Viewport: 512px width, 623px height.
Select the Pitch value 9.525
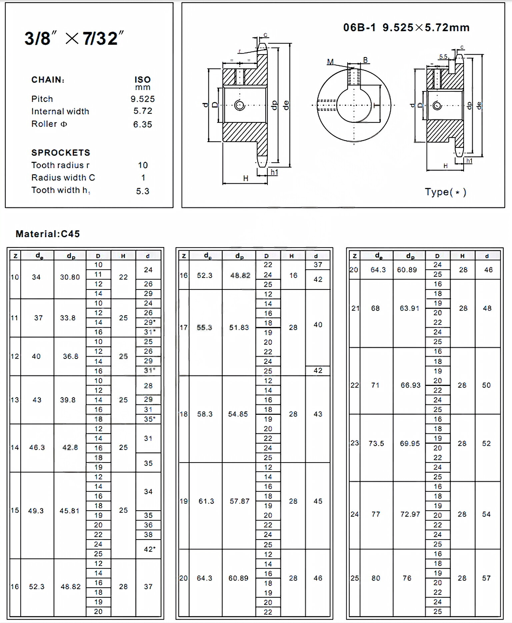click(x=143, y=99)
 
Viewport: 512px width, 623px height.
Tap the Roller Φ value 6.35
click(x=143, y=124)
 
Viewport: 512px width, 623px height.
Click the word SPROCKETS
click(x=61, y=153)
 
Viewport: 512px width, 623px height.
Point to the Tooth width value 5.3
click(x=143, y=191)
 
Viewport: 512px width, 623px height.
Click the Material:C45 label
click(x=48, y=234)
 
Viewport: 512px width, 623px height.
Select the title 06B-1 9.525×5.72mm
click(x=406, y=27)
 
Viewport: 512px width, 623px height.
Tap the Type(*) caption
click(x=445, y=192)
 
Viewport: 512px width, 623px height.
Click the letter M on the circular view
click(x=330, y=62)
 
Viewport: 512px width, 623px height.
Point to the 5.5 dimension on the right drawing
click(x=443, y=57)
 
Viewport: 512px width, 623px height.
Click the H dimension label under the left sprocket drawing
click(x=246, y=178)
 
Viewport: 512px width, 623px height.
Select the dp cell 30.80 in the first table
click(x=70, y=277)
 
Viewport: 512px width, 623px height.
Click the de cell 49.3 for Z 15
click(x=36, y=511)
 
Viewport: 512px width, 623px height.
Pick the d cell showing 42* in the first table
click(x=149, y=549)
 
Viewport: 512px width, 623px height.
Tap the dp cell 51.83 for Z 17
click(x=239, y=328)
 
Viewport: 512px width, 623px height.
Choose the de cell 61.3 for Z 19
click(x=206, y=501)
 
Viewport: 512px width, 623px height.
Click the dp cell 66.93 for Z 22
click(x=410, y=385)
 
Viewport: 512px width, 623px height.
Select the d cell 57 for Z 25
click(x=486, y=578)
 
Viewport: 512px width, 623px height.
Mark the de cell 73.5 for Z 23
click(x=376, y=444)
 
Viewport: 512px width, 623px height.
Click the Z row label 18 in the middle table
click(x=184, y=414)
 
